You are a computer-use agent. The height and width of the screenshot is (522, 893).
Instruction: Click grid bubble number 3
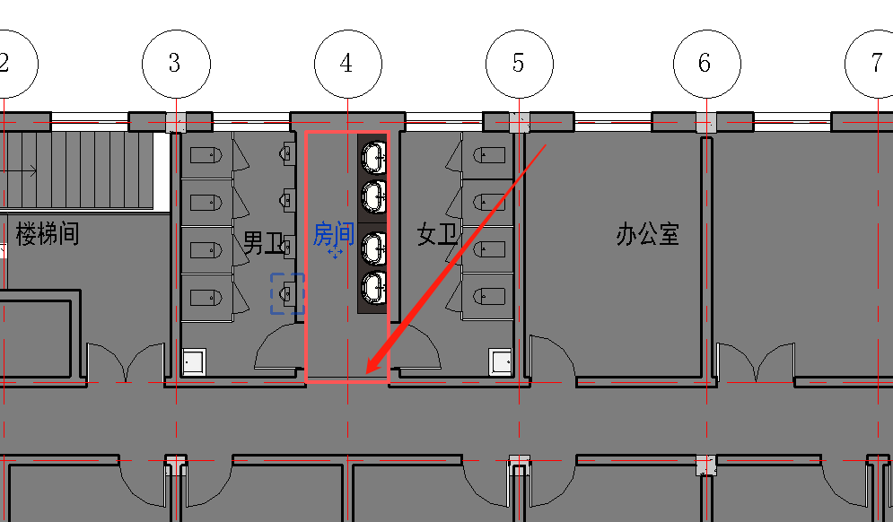(x=176, y=63)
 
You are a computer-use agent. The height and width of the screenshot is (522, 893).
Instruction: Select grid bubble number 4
(x=347, y=63)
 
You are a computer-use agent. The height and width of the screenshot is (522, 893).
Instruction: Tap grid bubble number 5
(x=520, y=63)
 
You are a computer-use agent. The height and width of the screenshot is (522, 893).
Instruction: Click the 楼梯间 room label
(x=47, y=235)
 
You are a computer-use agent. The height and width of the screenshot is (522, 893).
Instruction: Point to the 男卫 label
(x=263, y=240)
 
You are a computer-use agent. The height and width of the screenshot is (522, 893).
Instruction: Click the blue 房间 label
(x=332, y=235)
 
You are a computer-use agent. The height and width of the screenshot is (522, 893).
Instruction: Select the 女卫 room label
(x=437, y=236)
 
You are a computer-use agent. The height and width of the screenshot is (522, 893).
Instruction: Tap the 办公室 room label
(x=647, y=235)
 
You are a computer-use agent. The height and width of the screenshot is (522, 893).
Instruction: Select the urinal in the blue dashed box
(x=287, y=293)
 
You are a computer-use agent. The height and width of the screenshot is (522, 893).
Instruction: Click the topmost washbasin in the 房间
(x=373, y=156)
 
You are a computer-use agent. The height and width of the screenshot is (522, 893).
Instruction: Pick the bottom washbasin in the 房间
(x=373, y=287)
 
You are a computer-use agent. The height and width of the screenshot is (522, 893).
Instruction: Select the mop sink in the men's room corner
(x=194, y=362)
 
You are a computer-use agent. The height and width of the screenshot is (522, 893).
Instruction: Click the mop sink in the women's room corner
(x=501, y=362)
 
